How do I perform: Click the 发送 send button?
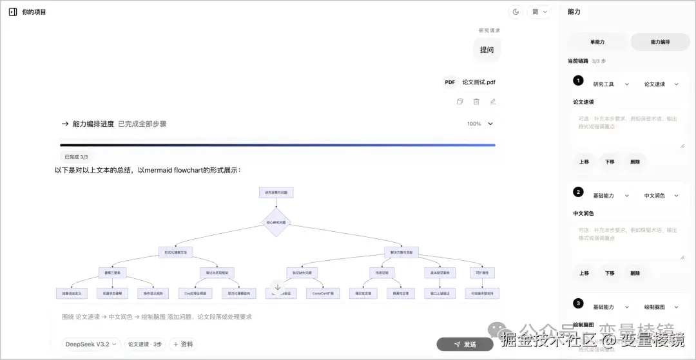pos(465,345)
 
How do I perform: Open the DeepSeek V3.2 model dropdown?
pos(90,345)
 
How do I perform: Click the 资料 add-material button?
pos(182,345)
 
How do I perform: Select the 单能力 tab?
pos(597,42)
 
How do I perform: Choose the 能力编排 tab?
pos(661,42)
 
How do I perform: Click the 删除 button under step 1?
pos(635,162)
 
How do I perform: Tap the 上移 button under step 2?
pos(584,273)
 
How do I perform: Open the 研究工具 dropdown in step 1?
pos(609,84)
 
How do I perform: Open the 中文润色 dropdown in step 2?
pos(661,196)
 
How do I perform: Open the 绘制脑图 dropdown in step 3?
pos(661,307)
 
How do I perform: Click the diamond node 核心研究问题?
pos(276,222)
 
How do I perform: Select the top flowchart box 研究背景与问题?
pos(276,192)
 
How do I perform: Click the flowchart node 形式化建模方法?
pos(176,252)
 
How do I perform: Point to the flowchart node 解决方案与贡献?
pos(402,252)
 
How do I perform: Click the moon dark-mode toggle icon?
pos(516,12)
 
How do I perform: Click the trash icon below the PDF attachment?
pos(476,102)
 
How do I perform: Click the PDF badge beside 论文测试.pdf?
pos(450,82)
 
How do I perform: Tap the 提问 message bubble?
pos(487,50)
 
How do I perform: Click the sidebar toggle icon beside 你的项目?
pos(12,12)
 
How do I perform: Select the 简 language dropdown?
pos(539,12)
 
